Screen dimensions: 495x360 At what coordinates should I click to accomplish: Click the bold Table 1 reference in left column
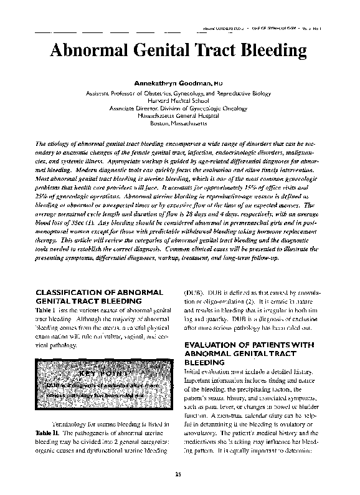click(45, 309)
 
